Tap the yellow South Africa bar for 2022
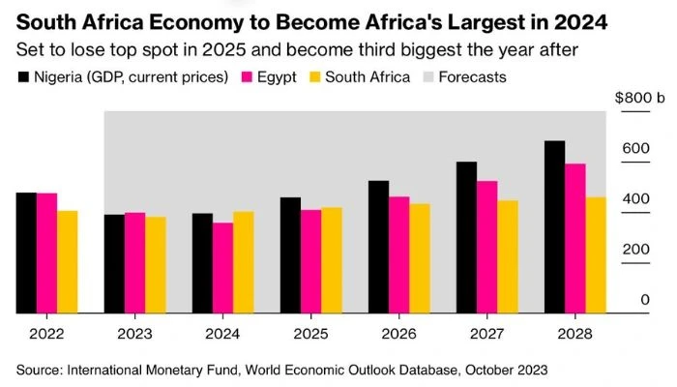pyautogui.click(x=67, y=262)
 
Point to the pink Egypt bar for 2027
pyautogui.click(x=487, y=247)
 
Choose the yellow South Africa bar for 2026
pyautogui.click(x=420, y=258)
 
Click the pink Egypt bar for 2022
pyautogui.click(x=46, y=253)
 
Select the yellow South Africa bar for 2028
pyautogui.click(x=596, y=255)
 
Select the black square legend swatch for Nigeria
pyautogui.click(x=22, y=75)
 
